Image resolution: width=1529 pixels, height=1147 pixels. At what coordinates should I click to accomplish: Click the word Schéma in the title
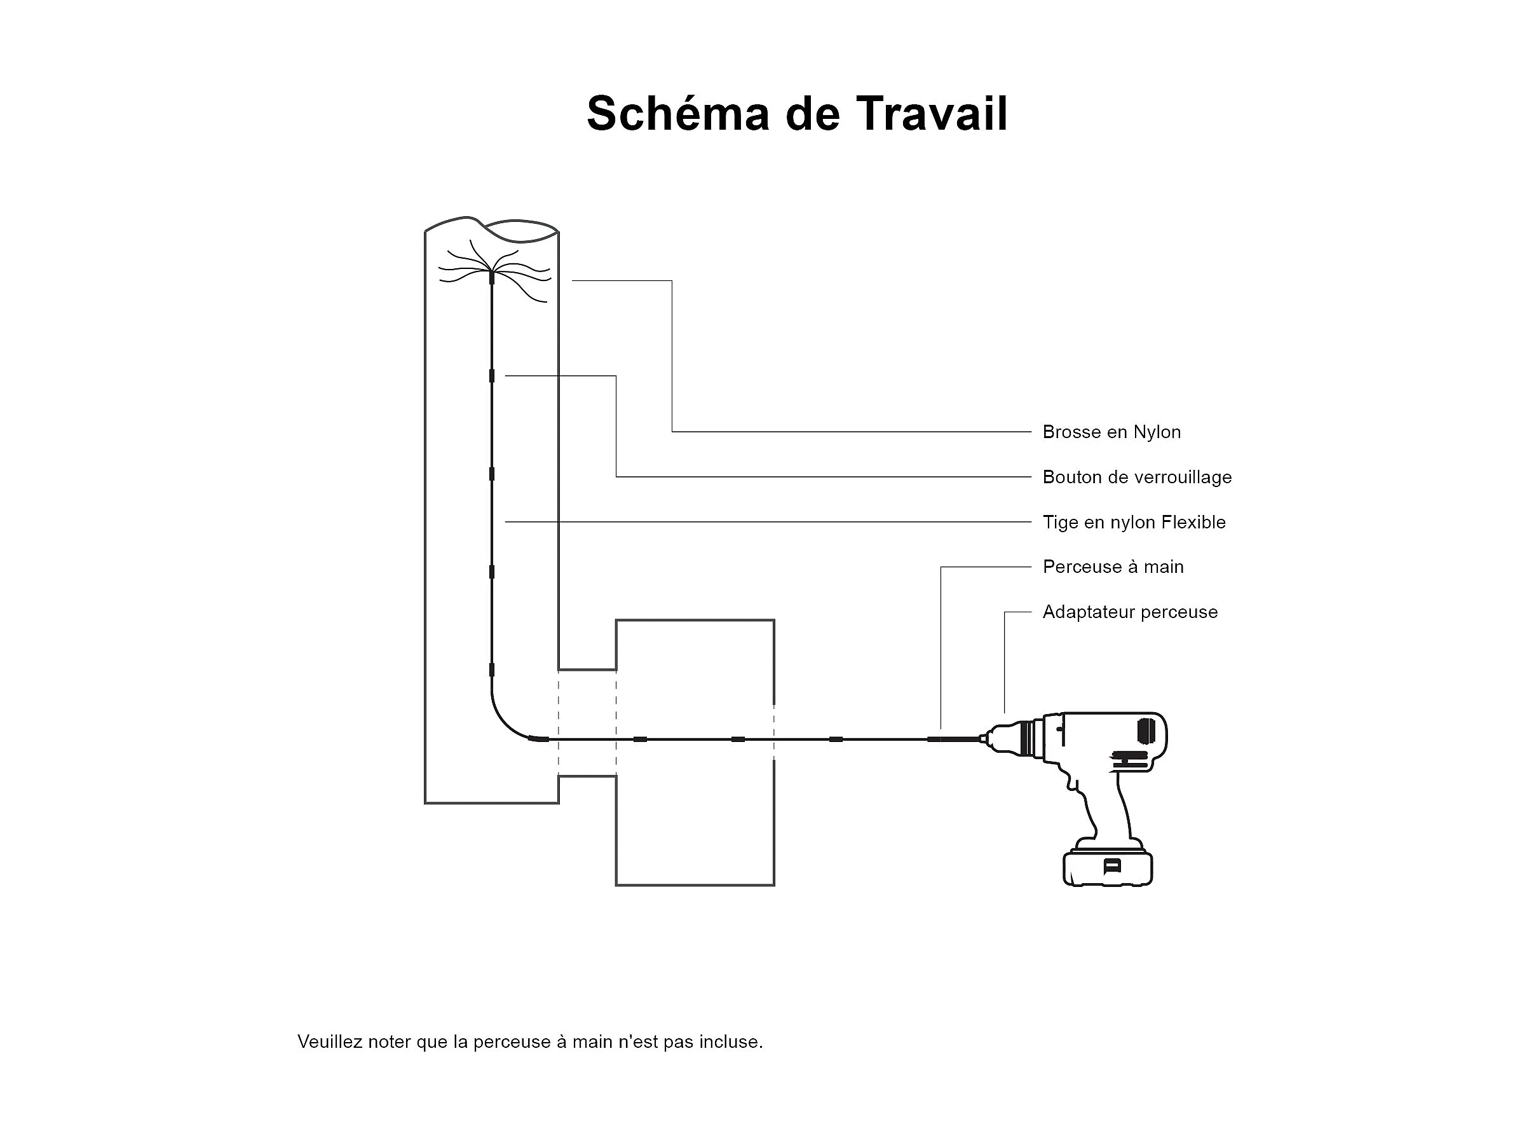click(x=677, y=113)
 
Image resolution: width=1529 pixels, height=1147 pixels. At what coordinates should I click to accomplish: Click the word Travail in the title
click(x=932, y=113)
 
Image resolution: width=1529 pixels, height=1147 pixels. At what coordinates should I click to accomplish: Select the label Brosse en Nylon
click(x=1111, y=432)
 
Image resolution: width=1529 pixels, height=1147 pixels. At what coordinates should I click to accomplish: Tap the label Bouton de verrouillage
click(x=1137, y=477)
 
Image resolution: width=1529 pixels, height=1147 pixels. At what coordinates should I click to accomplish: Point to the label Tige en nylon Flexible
click(x=1134, y=522)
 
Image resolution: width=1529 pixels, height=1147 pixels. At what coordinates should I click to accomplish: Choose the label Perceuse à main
click(x=1113, y=567)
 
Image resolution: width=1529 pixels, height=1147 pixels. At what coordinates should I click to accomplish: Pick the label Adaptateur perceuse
click(x=1129, y=612)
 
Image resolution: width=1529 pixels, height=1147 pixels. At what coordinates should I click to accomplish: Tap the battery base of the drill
click(x=1108, y=869)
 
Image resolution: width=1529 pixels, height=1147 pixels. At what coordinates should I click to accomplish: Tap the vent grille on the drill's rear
click(x=1145, y=731)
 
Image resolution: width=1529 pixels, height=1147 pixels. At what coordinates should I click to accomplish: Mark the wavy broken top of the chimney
click(x=491, y=228)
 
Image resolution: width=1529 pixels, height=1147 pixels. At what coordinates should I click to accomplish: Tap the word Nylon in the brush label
click(x=1157, y=433)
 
